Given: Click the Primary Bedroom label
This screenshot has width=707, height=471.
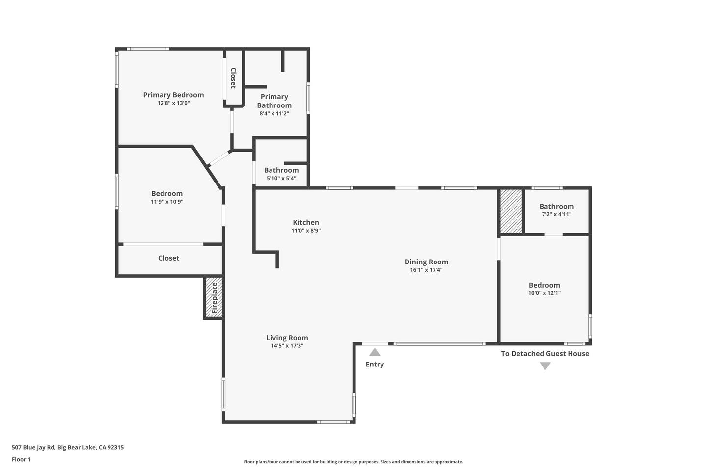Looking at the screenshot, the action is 173,95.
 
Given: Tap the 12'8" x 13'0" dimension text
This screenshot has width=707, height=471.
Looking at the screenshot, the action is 173,103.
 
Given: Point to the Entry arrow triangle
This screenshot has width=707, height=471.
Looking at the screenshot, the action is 375,352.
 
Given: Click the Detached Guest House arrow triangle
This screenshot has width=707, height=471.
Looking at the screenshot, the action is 545,366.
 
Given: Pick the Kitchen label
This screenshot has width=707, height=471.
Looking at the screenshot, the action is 306,222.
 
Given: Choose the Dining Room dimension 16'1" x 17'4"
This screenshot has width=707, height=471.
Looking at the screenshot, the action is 426,270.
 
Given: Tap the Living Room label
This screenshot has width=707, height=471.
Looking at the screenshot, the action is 287,338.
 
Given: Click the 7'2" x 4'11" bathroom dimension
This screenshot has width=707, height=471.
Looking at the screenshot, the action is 556,214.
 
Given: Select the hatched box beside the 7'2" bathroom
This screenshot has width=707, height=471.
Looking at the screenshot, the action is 511,211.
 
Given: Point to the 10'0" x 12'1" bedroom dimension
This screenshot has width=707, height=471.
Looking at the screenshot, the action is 544,293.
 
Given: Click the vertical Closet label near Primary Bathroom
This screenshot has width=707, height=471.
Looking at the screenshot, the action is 233,78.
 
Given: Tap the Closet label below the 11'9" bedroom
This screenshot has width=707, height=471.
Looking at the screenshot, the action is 168,258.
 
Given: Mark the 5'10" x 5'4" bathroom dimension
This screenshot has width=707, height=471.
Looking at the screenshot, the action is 281,178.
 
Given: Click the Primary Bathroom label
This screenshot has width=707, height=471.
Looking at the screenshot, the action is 274,101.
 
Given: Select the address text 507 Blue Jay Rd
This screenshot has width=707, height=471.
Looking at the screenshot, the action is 33,447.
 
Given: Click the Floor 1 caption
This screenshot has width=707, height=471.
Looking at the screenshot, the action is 21,459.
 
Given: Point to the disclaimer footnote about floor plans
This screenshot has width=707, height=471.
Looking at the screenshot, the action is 353,462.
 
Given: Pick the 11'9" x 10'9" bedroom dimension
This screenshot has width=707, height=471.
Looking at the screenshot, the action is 167,202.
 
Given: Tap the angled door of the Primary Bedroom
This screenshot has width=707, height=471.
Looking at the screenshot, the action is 219,158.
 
